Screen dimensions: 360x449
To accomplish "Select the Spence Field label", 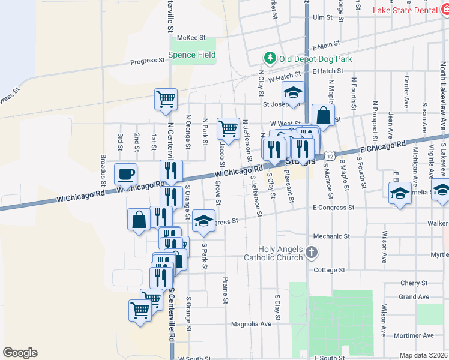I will click(191, 55).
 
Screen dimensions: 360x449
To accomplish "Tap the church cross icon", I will click(311, 253).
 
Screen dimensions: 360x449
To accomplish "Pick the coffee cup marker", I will click(125, 175).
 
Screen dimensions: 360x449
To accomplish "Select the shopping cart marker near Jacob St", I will click(228, 128).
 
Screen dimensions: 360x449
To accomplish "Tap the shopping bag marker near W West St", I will click(323, 116).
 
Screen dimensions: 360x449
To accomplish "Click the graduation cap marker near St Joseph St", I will click(294, 94).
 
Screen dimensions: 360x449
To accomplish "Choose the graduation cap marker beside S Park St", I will click(204, 221).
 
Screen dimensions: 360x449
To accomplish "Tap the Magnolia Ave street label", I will click(252, 324).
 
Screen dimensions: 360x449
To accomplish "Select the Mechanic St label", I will click(330, 237).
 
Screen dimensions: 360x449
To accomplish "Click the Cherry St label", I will click(414, 283).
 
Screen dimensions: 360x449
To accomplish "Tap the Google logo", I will click(20, 353).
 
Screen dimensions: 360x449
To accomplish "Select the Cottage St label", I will click(329, 270).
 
